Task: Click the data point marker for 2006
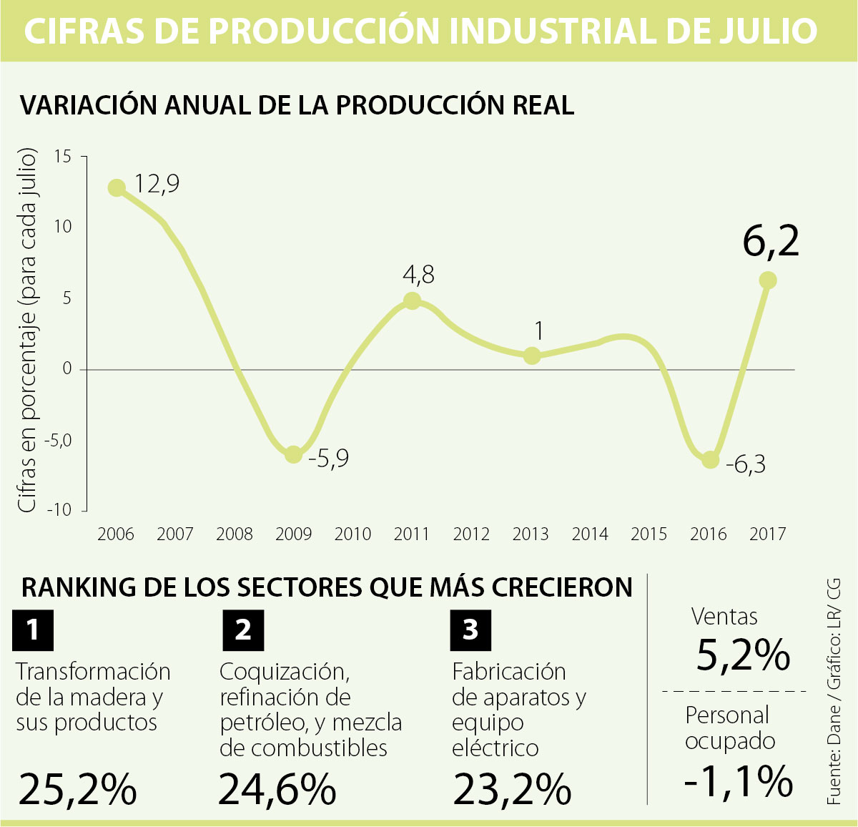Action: [x=117, y=188]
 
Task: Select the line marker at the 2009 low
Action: [x=293, y=454]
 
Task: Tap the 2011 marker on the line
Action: [x=412, y=300]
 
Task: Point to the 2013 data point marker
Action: [x=531, y=356]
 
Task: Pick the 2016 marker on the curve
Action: [x=709, y=459]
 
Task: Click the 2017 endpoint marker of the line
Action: [x=768, y=280]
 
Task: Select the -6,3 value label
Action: [x=746, y=465]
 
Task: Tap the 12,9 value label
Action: [x=157, y=184]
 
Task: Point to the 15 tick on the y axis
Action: [x=63, y=156]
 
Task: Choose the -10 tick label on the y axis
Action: [x=59, y=510]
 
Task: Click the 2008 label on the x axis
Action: [x=235, y=534]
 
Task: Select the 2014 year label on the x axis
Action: [x=590, y=534]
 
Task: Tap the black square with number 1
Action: [x=33, y=630]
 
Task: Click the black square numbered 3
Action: [x=470, y=630]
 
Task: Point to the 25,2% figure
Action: [x=77, y=789]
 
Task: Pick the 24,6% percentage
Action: [x=277, y=789]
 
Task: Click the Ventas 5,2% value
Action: [x=743, y=655]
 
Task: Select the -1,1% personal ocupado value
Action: [x=739, y=780]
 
